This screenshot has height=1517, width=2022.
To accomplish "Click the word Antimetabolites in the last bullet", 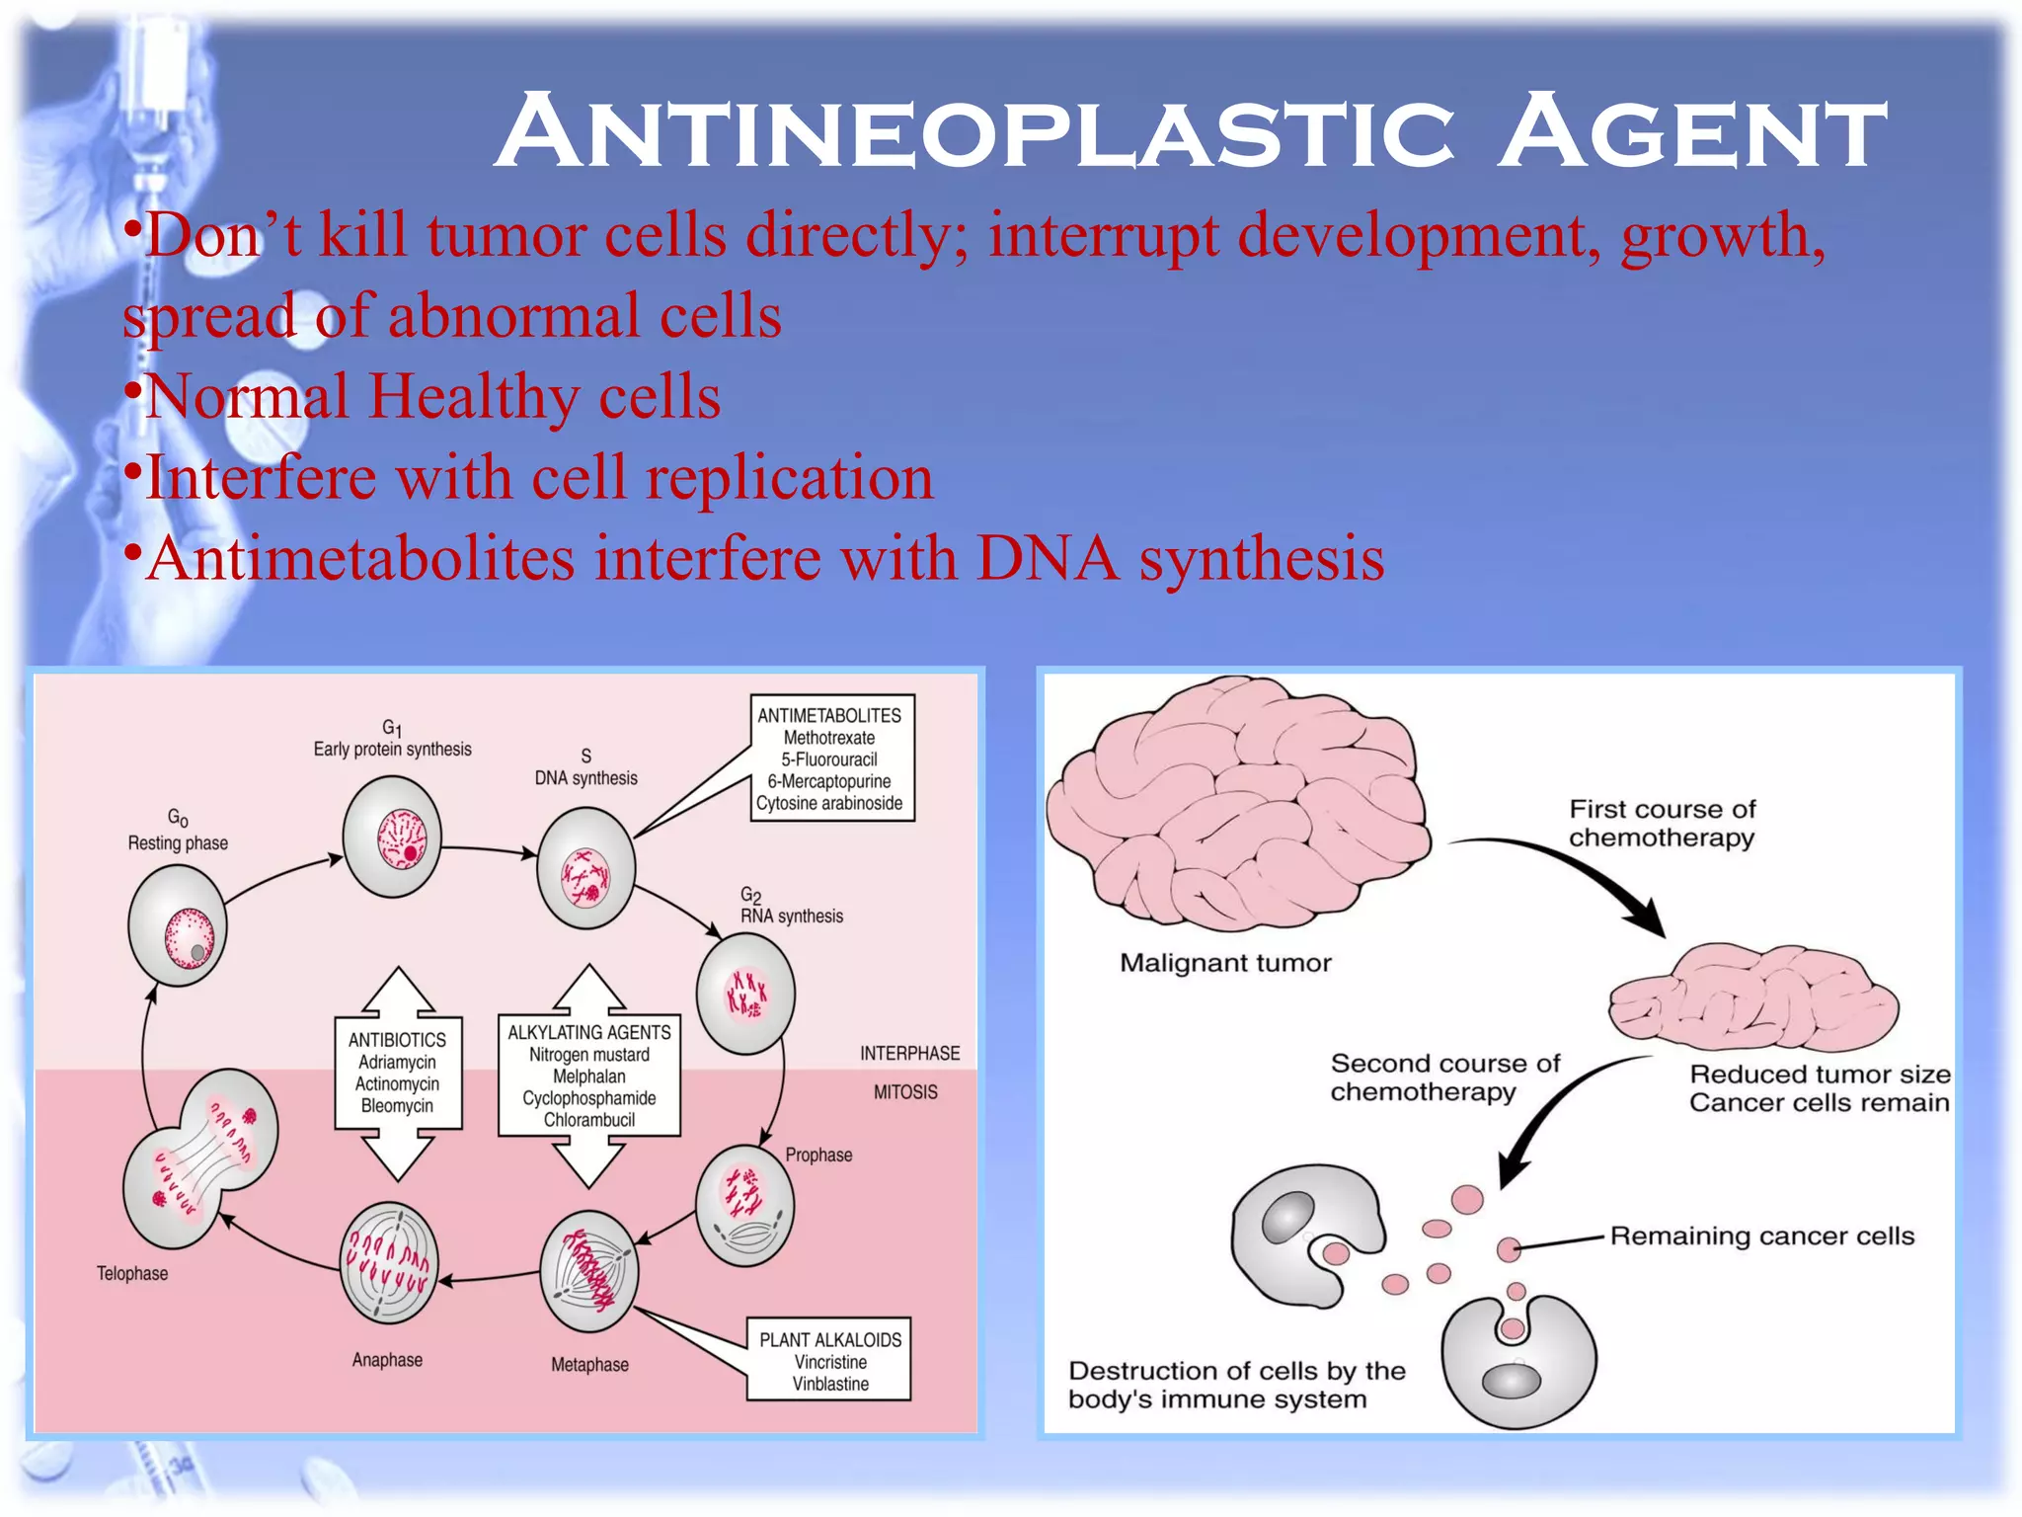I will click(360, 559).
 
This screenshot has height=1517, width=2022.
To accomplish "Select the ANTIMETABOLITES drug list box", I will click(831, 758).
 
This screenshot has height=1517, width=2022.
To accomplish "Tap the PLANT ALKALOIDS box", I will click(829, 1360).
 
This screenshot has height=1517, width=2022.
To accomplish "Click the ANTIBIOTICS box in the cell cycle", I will click(398, 1073).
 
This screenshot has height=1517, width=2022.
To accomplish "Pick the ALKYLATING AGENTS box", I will click(589, 1076).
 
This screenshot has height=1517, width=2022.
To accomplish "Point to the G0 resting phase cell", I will click(179, 926).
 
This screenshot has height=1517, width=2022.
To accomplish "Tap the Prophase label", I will click(818, 1155).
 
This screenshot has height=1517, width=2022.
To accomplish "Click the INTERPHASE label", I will click(909, 1054).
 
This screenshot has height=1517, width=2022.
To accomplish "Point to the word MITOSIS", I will click(905, 1092).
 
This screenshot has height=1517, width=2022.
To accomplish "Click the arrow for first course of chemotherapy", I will click(1580, 874).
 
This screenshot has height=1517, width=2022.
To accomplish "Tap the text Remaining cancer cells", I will click(1761, 1237).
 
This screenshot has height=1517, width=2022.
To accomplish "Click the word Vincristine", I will click(830, 1362).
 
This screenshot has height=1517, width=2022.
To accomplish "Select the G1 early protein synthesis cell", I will click(392, 837).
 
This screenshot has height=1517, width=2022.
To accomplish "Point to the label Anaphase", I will click(387, 1360).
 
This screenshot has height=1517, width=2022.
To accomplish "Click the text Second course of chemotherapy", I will click(1443, 1078).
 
